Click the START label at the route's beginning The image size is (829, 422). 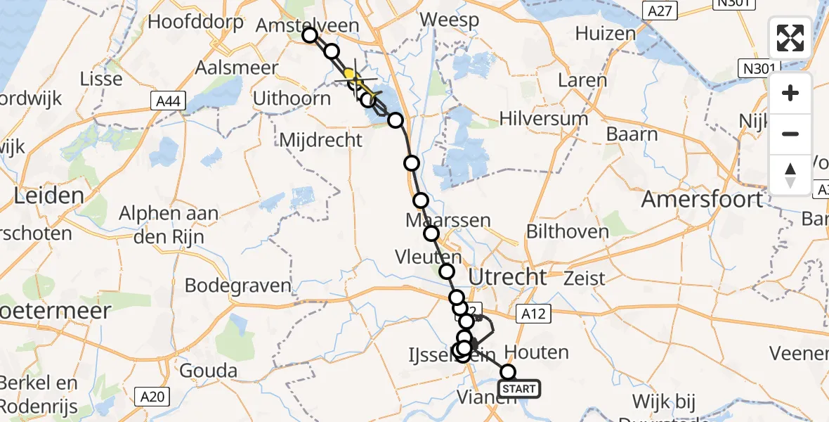tap(519, 388)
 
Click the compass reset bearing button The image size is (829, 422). tap(790, 174)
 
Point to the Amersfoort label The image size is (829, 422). tap(702, 200)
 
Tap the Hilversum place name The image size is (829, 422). tap(544, 117)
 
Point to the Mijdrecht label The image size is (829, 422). tap(320, 139)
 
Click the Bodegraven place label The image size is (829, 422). tap(238, 286)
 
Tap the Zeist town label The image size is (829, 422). tap(584, 278)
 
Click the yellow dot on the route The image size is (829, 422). tap(348, 73)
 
